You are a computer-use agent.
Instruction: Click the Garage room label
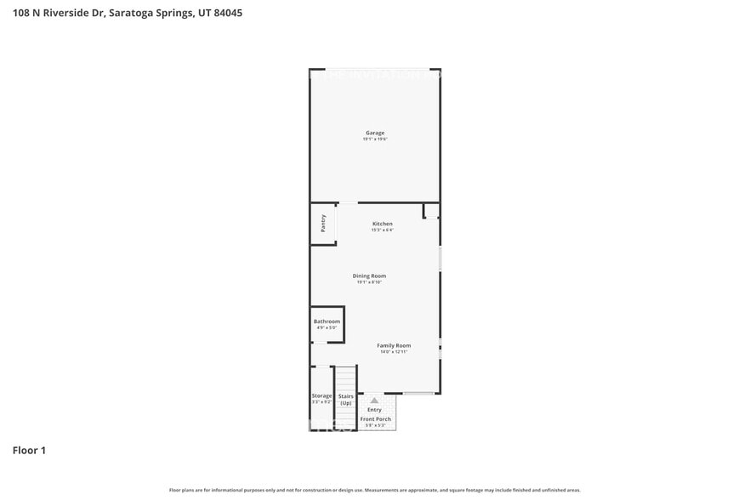[375, 133]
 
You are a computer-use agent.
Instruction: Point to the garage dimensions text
[375, 139]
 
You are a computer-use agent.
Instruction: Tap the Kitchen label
[382, 224]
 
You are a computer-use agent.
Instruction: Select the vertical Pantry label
[323, 223]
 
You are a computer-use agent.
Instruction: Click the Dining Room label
[369, 276]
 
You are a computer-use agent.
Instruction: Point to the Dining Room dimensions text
[369, 282]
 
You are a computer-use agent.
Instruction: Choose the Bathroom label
[327, 321]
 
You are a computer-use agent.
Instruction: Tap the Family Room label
[394, 345]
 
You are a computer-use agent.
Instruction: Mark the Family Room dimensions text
[394, 352]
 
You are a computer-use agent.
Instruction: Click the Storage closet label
[321, 395]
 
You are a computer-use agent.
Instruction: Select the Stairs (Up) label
[345, 399]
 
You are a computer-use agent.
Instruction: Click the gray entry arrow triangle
[374, 400]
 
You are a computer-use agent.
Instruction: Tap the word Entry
[374, 410]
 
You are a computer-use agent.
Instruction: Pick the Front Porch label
[375, 419]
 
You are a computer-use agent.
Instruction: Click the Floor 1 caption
[29, 450]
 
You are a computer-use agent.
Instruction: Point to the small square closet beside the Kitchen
[431, 211]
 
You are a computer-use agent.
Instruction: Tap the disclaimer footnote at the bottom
[375, 490]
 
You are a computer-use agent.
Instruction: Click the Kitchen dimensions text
[382, 230]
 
